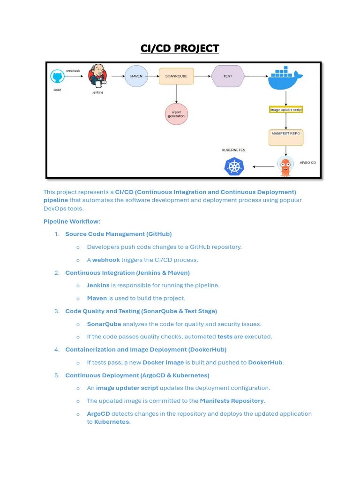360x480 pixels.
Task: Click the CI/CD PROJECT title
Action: click(x=180, y=48)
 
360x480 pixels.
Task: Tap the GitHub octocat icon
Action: click(x=57, y=77)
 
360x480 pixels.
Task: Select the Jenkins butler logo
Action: click(x=98, y=76)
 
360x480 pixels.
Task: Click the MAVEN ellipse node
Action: click(x=136, y=76)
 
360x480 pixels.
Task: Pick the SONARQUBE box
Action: click(x=176, y=76)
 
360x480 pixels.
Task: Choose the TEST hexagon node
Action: click(x=228, y=76)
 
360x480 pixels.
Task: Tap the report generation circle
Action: click(x=176, y=114)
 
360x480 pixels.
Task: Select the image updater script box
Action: click(x=286, y=110)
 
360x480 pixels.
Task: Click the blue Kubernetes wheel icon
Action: click(x=234, y=166)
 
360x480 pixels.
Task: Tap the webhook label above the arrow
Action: click(x=73, y=70)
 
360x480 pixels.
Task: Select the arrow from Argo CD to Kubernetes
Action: click(x=264, y=166)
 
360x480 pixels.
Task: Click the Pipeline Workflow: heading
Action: click(x=72, y=221)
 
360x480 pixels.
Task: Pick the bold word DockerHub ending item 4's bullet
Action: click(x=265, y=362)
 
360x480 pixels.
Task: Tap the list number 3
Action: click(x=57, y=311)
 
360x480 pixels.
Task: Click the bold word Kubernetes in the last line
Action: click(x=112, y=422)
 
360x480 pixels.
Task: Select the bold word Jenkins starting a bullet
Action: click(x=98, y=285)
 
